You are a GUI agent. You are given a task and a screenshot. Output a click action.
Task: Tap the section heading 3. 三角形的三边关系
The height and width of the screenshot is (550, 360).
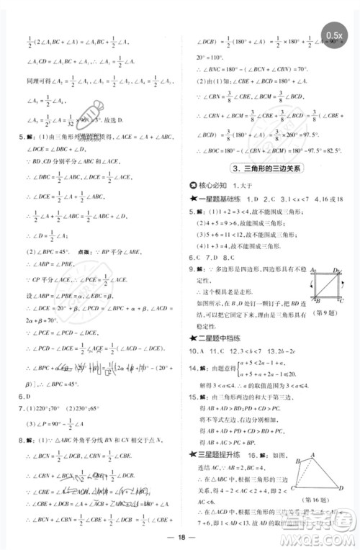pos(269,168)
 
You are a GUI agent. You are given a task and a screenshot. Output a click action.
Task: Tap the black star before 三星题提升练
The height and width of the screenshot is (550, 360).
pos(192,453)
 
